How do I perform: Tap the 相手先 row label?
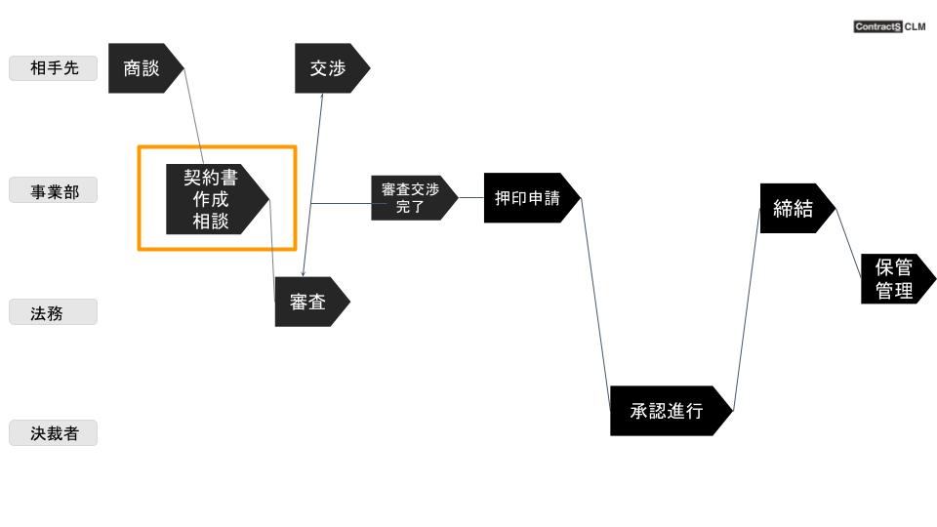click(x=53, y=68)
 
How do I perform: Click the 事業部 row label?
click(x=53, y=190)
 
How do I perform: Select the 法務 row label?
click(x=53, y=312)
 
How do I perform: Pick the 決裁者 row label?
click(x=53, y=433)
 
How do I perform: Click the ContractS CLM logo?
click(x=890, y=26)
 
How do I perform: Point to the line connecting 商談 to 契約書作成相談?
click(x=193, y=116)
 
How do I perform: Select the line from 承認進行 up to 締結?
click(x=747, y=309)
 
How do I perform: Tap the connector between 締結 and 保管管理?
click(x=848, y=243)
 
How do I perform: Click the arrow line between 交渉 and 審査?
click(x=312, y=184)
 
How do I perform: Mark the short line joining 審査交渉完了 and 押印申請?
click(x=471, y=198)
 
